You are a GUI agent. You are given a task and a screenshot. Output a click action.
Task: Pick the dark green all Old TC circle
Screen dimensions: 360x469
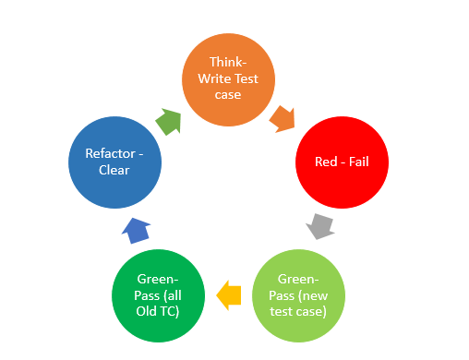pyautogui.click(x=157, y=294)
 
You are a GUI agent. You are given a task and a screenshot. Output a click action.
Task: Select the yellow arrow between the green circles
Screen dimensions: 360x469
pyautogui.click(x=228, y=295)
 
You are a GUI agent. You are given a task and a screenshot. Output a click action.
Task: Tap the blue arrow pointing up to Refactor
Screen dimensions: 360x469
pyautogui.click(x=136, y=230)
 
